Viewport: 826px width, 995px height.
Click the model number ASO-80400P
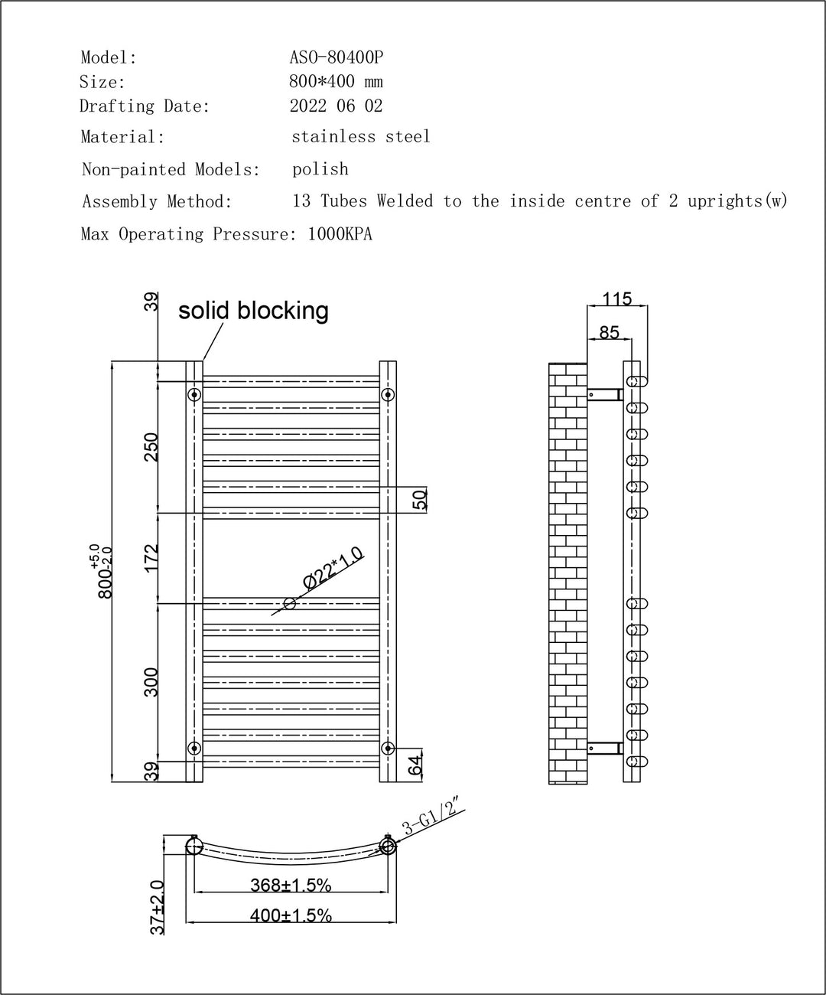[x=337, y=57]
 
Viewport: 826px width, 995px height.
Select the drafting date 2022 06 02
[x=336, y=106]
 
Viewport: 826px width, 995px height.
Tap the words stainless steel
[x=361, y=137]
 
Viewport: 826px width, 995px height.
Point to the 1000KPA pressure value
[x=340, y=234]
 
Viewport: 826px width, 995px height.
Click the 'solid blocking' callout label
[x=253, y=310]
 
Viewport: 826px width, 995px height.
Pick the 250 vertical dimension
[x=151, y=447]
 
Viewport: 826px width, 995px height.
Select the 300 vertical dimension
[x=151, y=682]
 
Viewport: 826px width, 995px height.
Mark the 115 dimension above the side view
[x=617, y=298]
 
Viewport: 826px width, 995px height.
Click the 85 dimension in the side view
[x=609, y=332]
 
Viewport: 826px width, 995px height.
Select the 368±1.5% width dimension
[x=291, y=886]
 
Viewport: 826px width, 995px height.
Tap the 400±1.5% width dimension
[x=291, y=915]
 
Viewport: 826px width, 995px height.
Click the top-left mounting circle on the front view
[x=194, y=395]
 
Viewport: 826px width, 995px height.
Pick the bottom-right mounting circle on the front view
[x=388, y=748]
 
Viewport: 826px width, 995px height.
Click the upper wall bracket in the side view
[x=604, y=395]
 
